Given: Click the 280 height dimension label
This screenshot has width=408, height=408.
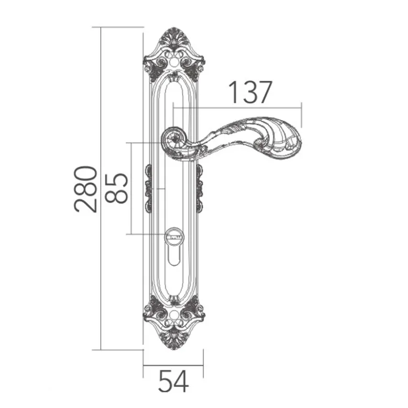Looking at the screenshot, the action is click(86, 189).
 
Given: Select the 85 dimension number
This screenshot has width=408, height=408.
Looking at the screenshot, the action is click(116, 188).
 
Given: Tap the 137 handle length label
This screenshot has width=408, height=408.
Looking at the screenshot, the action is click(251, 92).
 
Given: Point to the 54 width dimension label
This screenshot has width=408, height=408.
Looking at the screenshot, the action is click(173, 381).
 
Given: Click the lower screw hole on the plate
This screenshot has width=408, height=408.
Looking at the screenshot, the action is click(173, 315).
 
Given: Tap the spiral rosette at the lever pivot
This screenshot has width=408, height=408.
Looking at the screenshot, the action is click(174, 140).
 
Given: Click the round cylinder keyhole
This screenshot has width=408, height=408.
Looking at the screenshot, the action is click(174, 236).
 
